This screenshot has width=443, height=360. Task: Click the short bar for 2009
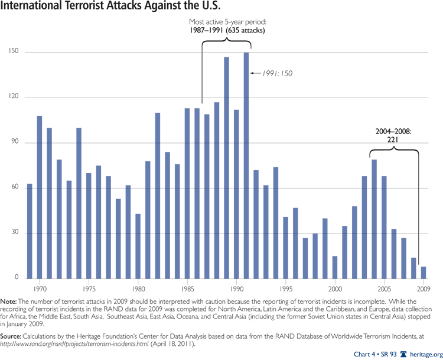tap(424, 273)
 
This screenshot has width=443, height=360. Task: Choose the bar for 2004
tap(374, 219)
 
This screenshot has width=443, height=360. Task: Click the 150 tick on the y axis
tap(13, 52)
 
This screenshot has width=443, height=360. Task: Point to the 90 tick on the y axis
tap(13, 142)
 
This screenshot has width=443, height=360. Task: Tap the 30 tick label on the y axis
tap(13, 233)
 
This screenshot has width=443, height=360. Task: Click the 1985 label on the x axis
tap(187, 290)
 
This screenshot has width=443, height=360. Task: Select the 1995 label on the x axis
tap(286, 290)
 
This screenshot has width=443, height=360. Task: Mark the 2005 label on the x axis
tap(384, 290)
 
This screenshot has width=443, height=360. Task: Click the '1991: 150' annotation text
tap(276, 73)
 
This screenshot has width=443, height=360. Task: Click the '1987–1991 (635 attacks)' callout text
tap(226, 30)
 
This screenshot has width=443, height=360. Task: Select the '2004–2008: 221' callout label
tap(394, 135)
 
